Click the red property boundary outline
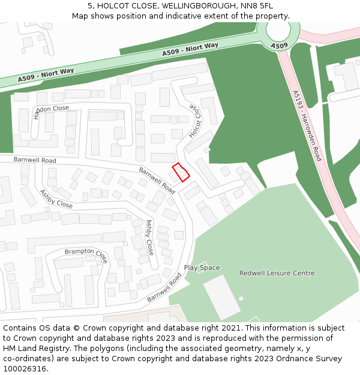(x=181, y=172)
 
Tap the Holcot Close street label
(x=194, y=121)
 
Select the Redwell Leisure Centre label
(x=277, y=273)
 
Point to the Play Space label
(x=202, y=268)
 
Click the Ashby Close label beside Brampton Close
(x=149, y=238)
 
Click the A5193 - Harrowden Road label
(x=307, y=125)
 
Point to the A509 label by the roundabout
(x=279, y=46)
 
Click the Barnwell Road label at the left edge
(x=35, y=160)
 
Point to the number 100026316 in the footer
(x=24, y=368)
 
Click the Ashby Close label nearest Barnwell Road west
(x=56, y=199)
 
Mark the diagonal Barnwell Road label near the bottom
(x=164, y=287)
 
